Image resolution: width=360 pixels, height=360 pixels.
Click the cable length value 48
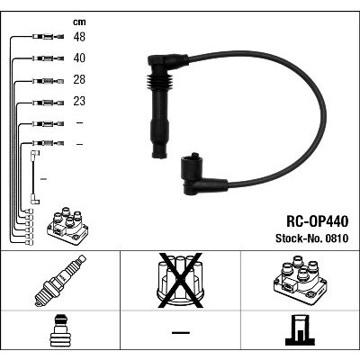(x=79, y=37)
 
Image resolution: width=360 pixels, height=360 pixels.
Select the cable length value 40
(x=79, y=58)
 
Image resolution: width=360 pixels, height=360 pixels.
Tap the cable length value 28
(x=79, y=79)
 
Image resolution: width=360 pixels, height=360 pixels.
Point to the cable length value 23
(x=79, y=101)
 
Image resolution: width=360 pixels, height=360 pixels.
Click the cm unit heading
(x=79, y=22)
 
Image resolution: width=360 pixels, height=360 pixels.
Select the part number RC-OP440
(x=318, y=221)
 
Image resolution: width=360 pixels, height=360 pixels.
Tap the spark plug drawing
(x=60, y=281)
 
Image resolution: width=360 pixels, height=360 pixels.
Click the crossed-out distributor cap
(x=180, y=281)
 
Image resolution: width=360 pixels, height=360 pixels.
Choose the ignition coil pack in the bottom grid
(x=300, y=281)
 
